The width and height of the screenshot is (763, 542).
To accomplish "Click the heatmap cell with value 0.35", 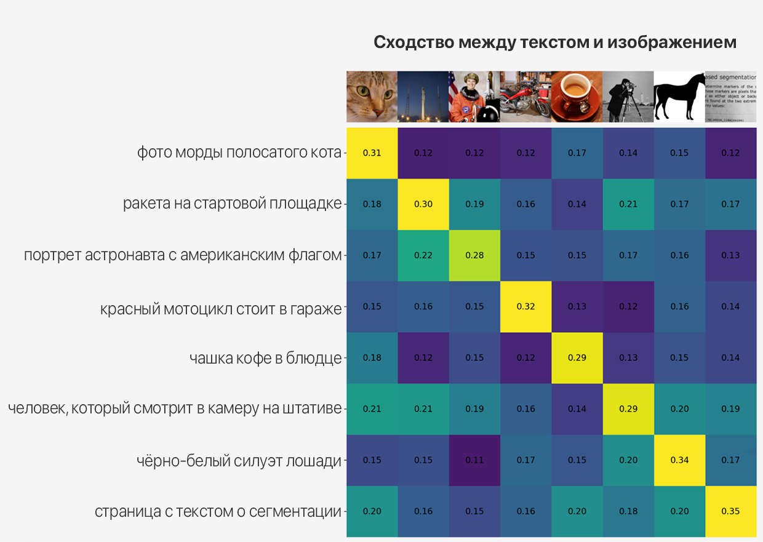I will point(730,511).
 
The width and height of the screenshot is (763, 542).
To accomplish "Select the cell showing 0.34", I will point(679,460).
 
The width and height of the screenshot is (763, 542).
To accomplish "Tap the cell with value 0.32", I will point(525,306).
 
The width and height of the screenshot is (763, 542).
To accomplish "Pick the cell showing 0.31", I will point(372,153).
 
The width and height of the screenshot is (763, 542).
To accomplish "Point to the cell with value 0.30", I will point(423,204).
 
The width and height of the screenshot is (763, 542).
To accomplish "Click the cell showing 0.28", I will point(474,255).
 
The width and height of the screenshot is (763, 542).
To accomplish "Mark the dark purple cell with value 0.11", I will point(474,460).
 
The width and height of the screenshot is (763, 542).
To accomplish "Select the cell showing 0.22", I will point(423,255).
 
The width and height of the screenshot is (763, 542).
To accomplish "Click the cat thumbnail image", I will point(372,97).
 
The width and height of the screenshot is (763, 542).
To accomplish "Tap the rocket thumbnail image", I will point(423,97).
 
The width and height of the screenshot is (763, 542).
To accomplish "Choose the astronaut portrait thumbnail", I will point(474,97).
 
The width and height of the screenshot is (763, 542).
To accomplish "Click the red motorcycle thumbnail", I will point(525,97).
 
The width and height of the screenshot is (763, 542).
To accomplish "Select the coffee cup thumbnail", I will point(577,97).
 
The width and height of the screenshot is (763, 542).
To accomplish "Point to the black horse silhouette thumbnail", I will point(679,97).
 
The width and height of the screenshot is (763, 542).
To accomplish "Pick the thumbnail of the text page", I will point(730,97).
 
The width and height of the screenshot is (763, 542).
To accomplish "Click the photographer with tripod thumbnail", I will point(628,97).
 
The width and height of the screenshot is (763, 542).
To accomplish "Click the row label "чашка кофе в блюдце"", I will point(265,358).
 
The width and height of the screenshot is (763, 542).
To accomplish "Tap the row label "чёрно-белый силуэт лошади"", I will point(239,460).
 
